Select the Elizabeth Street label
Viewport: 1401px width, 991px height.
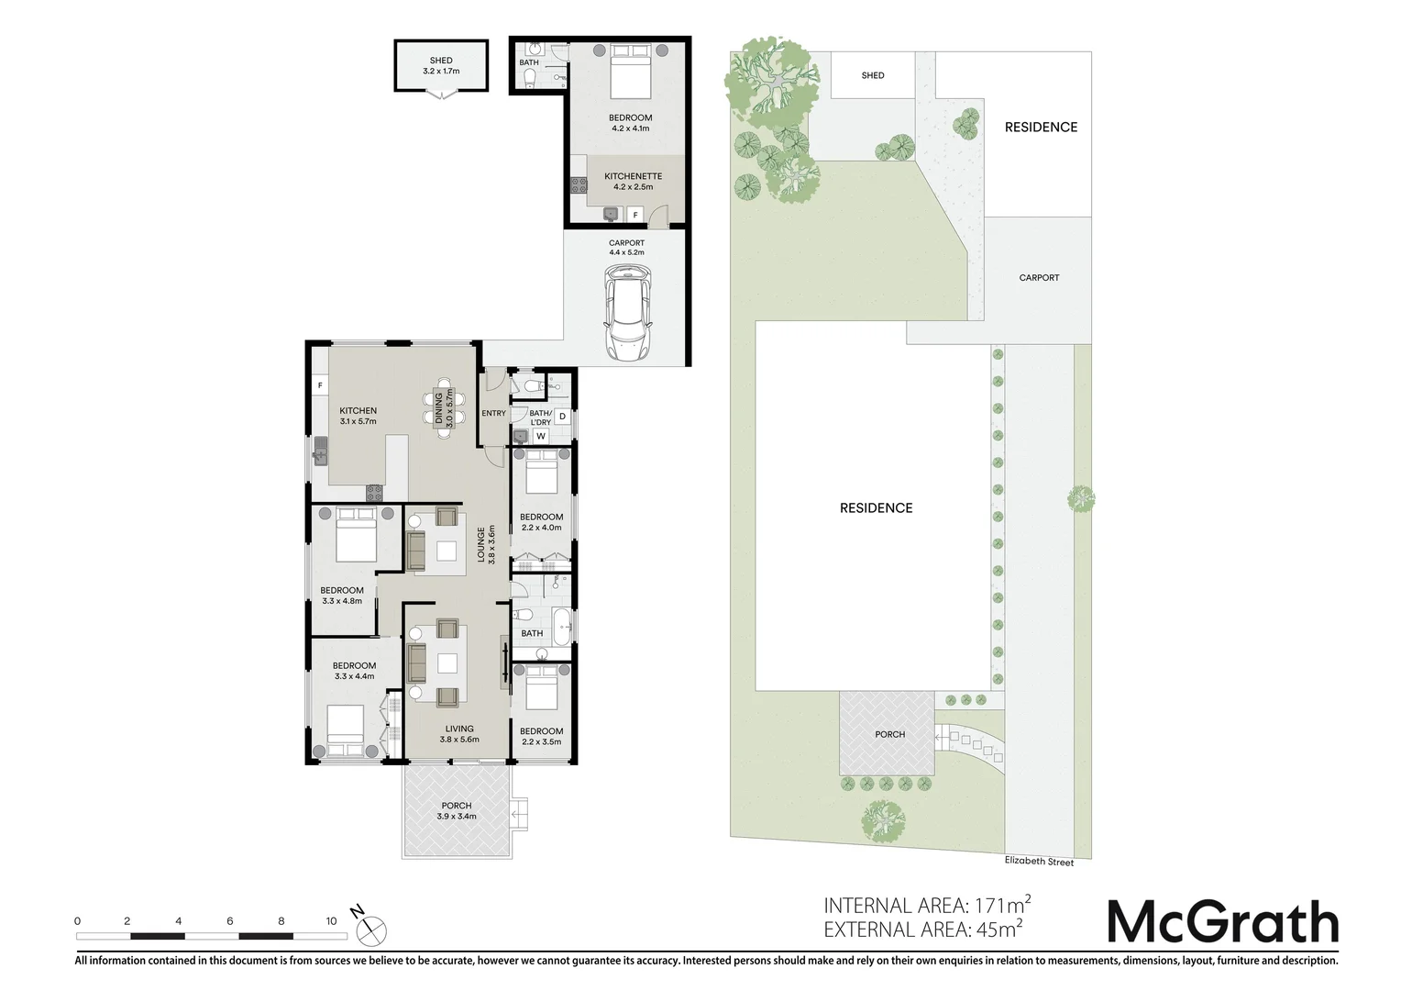[x=1038, y=861]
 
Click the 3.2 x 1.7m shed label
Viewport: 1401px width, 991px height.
[x=441, y=66]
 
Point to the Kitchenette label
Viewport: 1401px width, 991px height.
[x=633, y=181]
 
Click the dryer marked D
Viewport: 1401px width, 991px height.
[x=562, y=417]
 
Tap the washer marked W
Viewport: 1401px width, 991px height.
[x=541, y=437]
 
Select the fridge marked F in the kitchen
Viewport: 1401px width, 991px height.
[x=320, y=386]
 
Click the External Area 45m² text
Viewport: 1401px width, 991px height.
[x=922, y=930]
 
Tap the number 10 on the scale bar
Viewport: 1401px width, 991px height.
[x=332, y=920]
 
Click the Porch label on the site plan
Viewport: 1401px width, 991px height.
[x=889, y=734]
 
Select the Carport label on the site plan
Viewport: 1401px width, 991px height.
[x=1039, y=277]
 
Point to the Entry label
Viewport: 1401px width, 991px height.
[x=493, y=413]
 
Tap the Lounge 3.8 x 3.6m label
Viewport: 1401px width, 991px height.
[x=486, y=543]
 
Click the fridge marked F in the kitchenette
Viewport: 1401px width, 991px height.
[x=635, y=215]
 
